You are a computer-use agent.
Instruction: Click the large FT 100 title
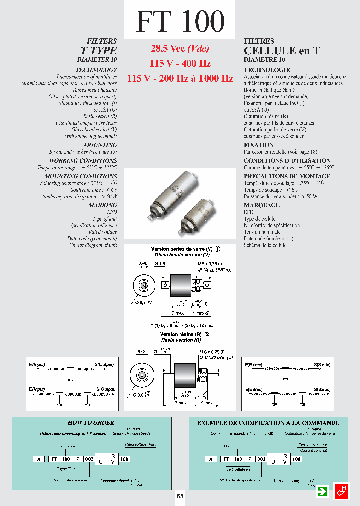click(180, 21)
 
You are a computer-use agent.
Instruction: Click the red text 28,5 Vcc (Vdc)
click(180, 49)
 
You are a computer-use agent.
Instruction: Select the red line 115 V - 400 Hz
click(180, 63)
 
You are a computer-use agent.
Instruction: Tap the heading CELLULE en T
click(281, 51)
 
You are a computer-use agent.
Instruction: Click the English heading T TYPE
click(99, 51)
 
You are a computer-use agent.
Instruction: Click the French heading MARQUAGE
click(261, 205)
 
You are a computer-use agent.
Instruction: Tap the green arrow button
click(323, 491)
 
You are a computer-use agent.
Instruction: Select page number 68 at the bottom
click(180, 497)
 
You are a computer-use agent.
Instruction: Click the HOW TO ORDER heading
click(91, 423)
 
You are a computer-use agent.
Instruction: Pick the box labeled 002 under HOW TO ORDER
click(87, 459)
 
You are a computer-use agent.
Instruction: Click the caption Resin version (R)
click(180, 339)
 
